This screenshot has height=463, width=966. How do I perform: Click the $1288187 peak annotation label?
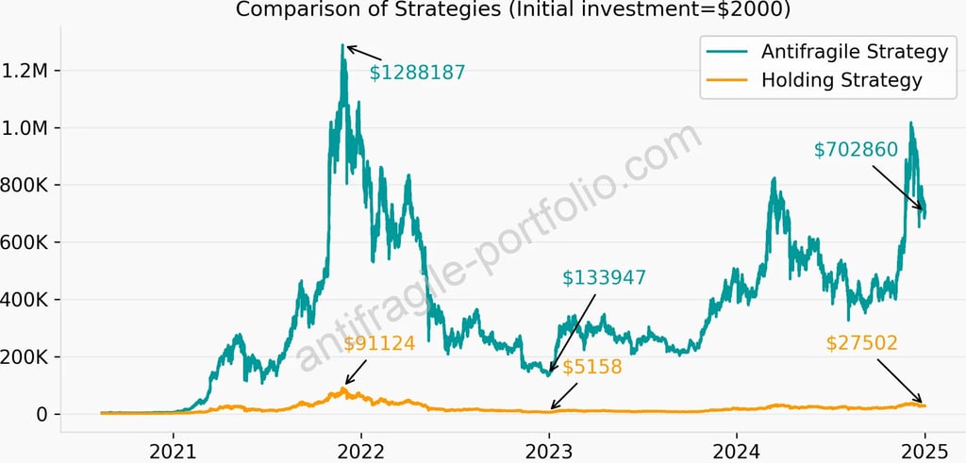coord(417,72)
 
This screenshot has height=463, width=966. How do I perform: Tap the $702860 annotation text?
coord(856,149)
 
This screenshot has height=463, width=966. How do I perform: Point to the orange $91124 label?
coord(379,344)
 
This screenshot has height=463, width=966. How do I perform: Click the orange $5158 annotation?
coord(593,367)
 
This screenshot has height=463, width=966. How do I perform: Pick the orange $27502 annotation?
coord(861,344)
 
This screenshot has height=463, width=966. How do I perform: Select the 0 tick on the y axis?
coord(43,415)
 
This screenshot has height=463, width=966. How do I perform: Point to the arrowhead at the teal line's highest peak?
coord(346,46)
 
